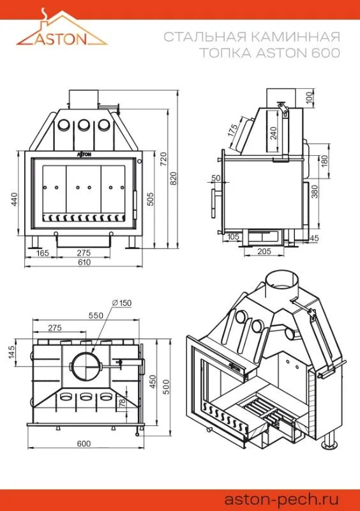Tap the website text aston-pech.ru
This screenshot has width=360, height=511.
pos(282,500)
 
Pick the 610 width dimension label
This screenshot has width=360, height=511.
pos(84,262)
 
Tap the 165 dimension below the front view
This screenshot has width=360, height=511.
pos(42,252)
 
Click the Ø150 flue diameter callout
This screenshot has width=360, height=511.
pos(121,303)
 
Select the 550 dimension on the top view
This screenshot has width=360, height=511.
pos(96,316)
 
